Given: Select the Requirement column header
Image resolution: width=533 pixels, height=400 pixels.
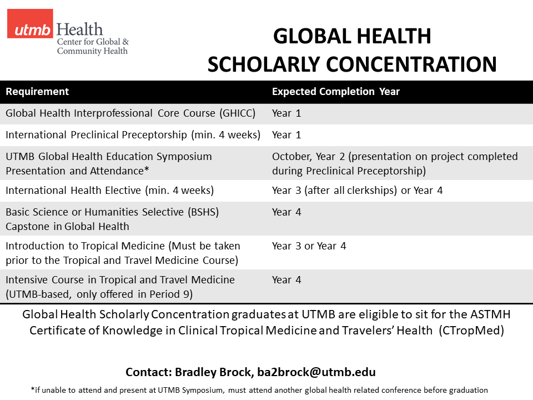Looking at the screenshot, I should (x=37, y=92).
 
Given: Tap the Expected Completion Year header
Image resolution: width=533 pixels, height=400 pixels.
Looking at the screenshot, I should (x=335, y=92).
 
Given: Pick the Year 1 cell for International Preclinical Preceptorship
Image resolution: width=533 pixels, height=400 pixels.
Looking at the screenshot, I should (x=286, y=135).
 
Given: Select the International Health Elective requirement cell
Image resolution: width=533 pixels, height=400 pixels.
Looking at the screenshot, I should (x=109, y=191).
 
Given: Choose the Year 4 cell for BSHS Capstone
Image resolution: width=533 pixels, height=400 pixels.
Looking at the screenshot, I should (x=286, y=212).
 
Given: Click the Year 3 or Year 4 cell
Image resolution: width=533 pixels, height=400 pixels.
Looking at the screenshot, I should (x=309, y=246).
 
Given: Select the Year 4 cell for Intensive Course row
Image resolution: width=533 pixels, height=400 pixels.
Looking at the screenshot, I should (x=286, y=280).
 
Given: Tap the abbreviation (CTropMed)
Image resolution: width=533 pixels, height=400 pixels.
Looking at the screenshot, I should (x=471, y=331).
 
